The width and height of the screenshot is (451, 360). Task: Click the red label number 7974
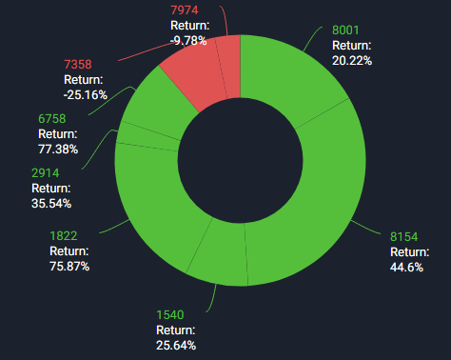(184, 10)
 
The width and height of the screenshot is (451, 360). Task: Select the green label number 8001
(346, 30)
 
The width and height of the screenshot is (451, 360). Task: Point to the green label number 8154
(404, 236)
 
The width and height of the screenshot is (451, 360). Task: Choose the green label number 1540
(169, 314)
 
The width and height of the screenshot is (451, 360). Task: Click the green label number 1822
(64, 235)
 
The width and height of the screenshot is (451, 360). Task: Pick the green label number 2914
(46, 172)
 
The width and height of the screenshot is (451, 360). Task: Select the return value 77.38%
(59, 149)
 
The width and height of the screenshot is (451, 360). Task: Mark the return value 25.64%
(176, 345)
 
